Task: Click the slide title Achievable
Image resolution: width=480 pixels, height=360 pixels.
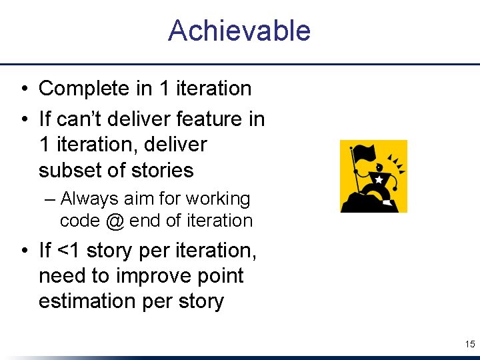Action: click(239, 31)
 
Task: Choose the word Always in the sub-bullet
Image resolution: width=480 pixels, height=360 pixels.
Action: click(88, 199)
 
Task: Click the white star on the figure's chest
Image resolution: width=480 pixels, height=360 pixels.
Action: click(379, 181)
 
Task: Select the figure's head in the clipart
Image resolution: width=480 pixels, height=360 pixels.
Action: click(380, 167)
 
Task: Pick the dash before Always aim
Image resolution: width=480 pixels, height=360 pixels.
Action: click(51, 199)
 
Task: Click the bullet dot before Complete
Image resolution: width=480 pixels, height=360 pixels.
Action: click(23, 89)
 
